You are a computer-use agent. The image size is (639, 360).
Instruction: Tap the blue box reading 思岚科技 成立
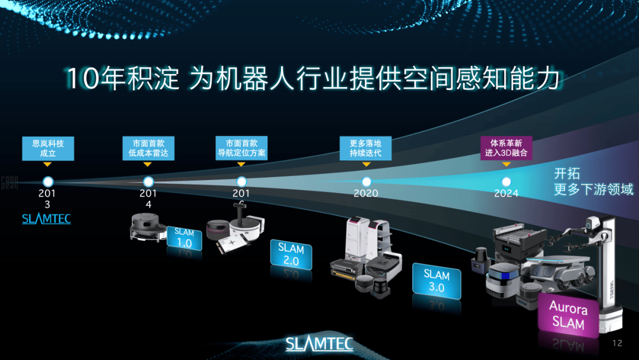[48, 148]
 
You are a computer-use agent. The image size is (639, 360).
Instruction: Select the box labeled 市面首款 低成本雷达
[148, 148]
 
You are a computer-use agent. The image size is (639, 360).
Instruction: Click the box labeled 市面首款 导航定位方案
[241, 148]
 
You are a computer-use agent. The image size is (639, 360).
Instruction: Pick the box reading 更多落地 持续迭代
[366, 148]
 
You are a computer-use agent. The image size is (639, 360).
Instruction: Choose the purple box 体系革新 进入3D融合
[506, 148]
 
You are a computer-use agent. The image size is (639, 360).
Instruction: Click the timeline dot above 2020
[366, 181]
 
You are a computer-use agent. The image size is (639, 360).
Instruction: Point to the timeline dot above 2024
[506, 181]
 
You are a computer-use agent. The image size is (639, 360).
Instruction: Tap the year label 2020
[366, 194]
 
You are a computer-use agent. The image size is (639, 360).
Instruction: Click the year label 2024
[506, 194]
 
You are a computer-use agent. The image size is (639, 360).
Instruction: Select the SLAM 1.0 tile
[185, 237]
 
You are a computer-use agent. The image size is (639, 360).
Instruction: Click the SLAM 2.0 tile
[291, 253]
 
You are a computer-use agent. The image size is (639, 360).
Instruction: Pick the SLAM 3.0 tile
[437, 281]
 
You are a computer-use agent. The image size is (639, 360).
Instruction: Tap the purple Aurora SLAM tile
[568, 316]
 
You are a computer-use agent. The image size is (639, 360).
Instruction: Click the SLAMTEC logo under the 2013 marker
[46, 218]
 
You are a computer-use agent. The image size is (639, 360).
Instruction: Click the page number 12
[617, 343]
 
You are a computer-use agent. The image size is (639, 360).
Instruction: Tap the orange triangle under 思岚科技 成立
[48, 164]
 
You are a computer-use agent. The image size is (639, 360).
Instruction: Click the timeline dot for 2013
[48, 181]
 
